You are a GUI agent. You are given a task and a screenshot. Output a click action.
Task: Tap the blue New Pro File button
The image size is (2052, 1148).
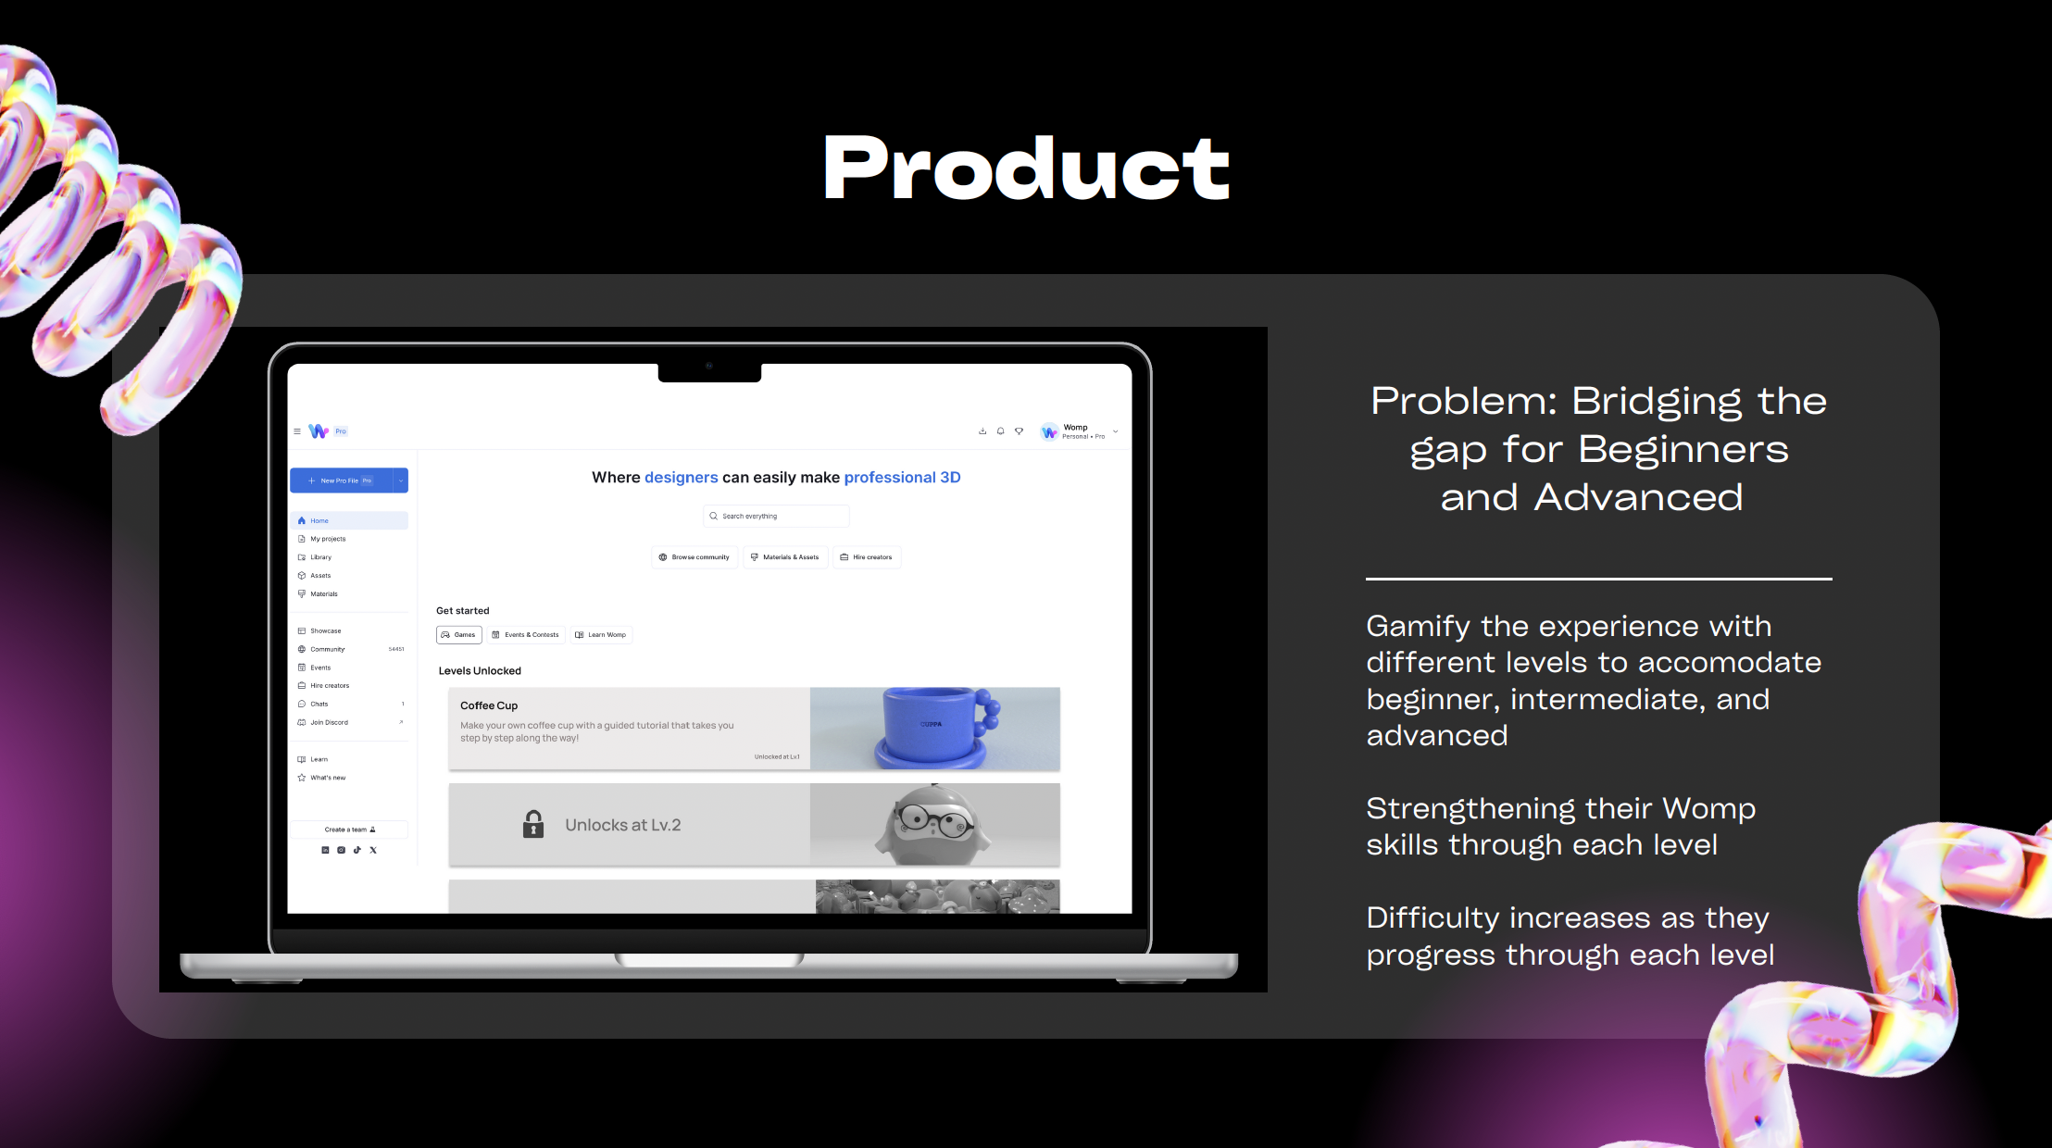click(341, 480)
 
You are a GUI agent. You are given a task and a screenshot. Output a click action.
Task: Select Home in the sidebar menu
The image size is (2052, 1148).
click(319, 521)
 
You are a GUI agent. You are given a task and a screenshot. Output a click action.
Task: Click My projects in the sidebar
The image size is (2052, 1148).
click(328, 539)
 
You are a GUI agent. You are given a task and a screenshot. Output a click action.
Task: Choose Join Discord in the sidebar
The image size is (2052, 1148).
click(329, 722)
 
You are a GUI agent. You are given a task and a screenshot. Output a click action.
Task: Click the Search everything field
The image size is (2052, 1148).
click(776, 517)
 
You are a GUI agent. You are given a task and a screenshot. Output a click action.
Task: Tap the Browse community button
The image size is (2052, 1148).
click(694, 557)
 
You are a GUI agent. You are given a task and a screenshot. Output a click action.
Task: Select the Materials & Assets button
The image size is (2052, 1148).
click(785, 557)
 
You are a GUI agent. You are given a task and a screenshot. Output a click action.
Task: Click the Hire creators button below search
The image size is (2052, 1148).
click(867, 557)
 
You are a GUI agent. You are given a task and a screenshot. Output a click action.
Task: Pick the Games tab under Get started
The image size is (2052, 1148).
click(459, 635)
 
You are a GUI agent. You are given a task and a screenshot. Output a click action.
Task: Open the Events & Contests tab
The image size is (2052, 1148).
click(526, 635)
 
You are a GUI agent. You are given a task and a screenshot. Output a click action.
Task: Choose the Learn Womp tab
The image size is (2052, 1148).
click(601, 635)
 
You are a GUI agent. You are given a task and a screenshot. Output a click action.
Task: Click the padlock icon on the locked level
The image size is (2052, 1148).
click(533, 824)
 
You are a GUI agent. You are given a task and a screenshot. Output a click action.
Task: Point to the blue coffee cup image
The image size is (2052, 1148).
click(936, 728)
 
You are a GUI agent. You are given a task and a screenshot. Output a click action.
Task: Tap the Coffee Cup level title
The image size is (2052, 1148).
click(489, 705)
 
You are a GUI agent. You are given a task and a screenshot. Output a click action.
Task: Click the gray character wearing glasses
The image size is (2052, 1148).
click(933, 824)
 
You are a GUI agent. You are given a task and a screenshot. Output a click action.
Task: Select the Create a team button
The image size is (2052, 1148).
click(349, 830)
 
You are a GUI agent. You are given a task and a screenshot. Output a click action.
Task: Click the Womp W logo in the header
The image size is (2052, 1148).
click(319, 431)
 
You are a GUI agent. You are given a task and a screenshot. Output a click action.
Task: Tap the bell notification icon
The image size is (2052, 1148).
click(1001, 431)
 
